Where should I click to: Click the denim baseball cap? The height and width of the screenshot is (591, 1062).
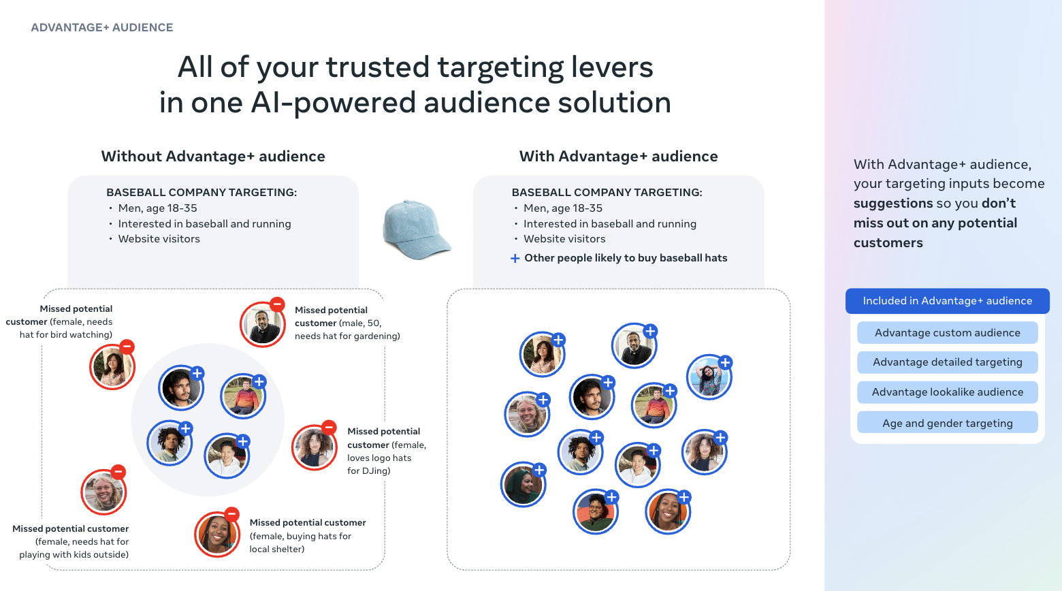pos(416,229)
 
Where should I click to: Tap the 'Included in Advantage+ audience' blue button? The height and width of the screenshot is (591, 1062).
pos(947,301)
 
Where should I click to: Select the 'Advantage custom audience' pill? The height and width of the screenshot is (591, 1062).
pos(947,332)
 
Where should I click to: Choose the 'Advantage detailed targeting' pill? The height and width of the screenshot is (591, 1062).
pos(947,362)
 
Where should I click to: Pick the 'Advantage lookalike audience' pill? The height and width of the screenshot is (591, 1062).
pos(947,392)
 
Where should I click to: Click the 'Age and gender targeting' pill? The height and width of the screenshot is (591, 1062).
pos(947,423)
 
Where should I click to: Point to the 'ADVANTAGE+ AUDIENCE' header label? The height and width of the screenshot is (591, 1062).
pos(102,27)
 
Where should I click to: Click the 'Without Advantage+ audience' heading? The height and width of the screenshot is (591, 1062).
pos(213,156)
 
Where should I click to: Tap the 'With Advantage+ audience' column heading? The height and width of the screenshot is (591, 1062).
pos(618,156)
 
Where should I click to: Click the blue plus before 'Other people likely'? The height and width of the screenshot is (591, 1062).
pos(515,259)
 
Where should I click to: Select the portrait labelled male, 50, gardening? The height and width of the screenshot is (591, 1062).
pos(262,324)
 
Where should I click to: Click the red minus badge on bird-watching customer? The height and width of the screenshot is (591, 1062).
pos(127,347)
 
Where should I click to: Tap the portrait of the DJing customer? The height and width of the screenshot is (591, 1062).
pos(314,447)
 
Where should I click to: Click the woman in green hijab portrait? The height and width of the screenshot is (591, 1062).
pos(524,484)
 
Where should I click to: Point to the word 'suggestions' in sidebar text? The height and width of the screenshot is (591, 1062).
pos(893,204)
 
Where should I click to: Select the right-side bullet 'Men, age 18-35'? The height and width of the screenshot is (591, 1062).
pos(563,208)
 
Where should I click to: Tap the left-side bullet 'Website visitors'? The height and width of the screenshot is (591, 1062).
pos(159,238)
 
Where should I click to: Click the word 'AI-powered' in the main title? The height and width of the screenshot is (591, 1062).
pos(334,102)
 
